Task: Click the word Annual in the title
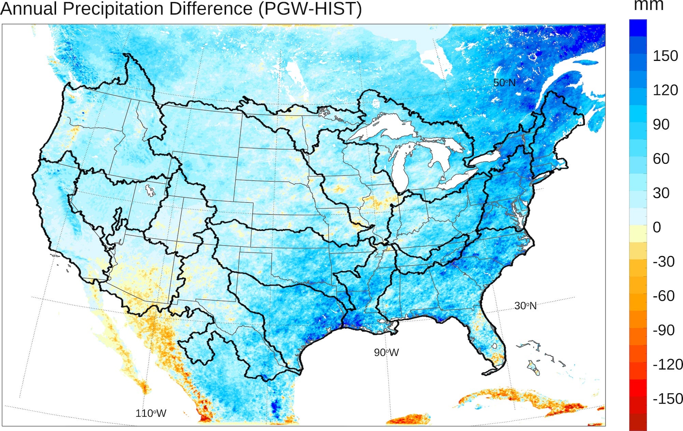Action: pyautogui.click(x=29, y=9)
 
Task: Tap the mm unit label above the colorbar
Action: pyautogui.click(x=649, y=6)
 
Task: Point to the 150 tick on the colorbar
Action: pyautogui.click(x=665, y=56)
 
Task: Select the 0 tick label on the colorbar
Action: pyautogui.click(x=657, y=227)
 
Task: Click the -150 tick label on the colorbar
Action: pyautogui.click(x=668, y=399)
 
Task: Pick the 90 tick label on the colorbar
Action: pyautogui.click(x=661, y=125)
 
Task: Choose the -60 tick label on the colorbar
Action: pyautogui.click(x=664, y=296)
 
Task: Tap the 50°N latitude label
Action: pyautogui.click(x=504, y=83)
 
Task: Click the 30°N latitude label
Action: pyautogui.click(x=525, y=306)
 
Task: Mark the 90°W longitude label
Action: pyautogui.click(x=386, y=352)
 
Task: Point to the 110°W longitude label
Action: pyautogui.click(x=151, y=413)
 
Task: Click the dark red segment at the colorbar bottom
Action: pyautogui.click(x=638, y=422)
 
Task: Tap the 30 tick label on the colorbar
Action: pyautogui.click(x=661, y=193)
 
